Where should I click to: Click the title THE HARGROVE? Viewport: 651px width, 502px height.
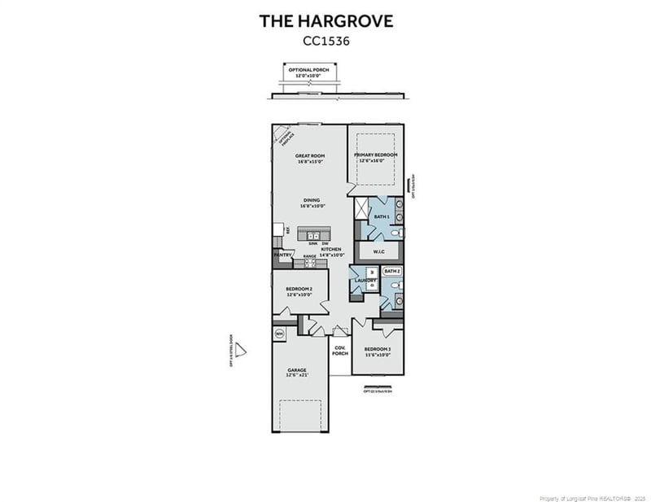point(325,21)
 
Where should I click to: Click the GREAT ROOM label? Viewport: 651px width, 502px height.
point(310,158)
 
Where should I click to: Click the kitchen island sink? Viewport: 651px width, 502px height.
point(312,235)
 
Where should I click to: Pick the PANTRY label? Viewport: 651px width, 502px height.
point(283,255)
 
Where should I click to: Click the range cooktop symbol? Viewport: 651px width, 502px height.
point(309,263)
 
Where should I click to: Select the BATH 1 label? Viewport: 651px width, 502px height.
point(381,217)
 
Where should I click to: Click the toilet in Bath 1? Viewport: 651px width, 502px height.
point(395,234)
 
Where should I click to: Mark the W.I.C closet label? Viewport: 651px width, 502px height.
point(378,251)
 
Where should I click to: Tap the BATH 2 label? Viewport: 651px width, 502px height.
point(392,271)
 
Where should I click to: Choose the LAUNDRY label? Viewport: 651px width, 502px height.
point(365,281)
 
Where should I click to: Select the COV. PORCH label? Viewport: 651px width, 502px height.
point(340,351)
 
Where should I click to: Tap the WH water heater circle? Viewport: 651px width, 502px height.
point(279,333)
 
